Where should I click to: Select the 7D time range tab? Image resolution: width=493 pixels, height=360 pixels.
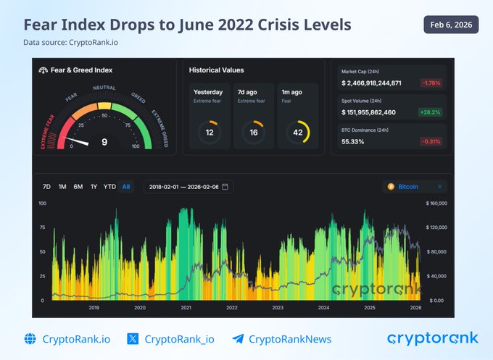click(46, 187)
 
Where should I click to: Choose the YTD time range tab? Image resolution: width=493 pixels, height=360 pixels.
click(109, 187)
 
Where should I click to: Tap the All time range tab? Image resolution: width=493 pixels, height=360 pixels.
click(126, 187)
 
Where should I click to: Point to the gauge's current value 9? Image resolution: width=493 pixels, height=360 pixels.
click(104, 142)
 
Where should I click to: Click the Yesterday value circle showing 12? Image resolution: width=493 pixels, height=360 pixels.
click(210, 132)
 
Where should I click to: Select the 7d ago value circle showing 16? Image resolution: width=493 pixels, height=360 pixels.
click(254, 132)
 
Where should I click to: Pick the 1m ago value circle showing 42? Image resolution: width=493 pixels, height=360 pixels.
click(299, 132)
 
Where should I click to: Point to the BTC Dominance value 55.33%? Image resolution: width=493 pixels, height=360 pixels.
click(353, 141)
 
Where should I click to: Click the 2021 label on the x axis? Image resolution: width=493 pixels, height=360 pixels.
click(186, 308)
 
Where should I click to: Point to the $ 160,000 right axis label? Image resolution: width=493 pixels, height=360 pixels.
click(437, 204)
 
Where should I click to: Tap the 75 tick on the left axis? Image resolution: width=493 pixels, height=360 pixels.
click(43, 227)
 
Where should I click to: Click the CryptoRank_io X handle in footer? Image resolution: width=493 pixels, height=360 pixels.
click(179, 338)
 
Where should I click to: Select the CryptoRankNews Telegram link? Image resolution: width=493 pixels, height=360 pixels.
click(290, 338)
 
